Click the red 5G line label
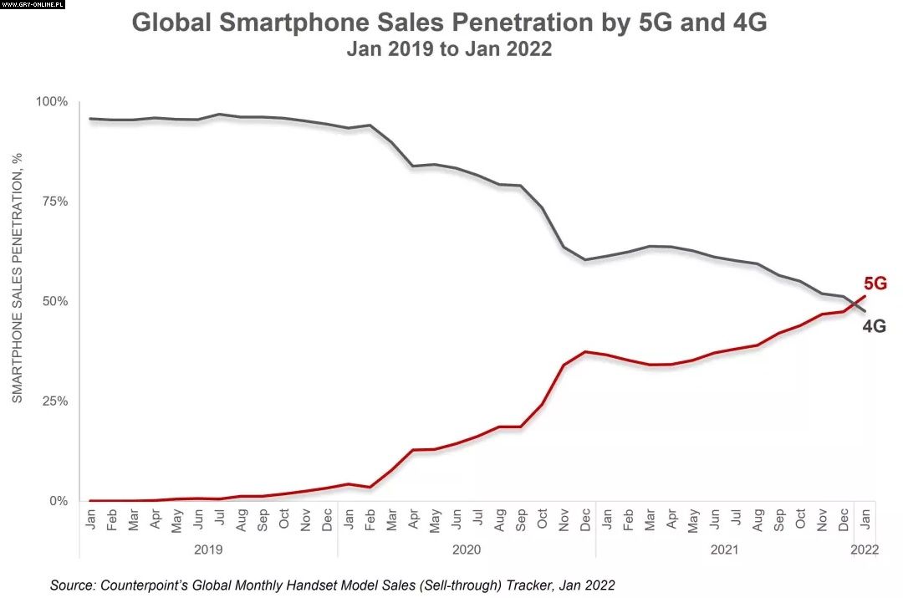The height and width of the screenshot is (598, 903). click(x=874, y=284)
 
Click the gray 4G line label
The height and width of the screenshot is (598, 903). click(x=874, y=327)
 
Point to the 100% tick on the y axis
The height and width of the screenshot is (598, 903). click(x=52, y=102)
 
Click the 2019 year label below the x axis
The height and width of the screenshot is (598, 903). click(x=208, y=549)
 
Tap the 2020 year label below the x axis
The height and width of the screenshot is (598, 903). click(x=467, y=549)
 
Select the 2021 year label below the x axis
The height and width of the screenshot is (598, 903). click(x=724, y=549)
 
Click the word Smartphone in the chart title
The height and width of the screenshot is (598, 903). click(x=296, y=23)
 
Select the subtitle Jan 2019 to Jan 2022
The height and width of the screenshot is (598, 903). click(x=449, y=49)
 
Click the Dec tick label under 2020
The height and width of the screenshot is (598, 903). click(x=586, y=519)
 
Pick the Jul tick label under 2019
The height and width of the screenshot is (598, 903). click(x=220, y=519)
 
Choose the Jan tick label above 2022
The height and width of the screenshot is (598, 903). click(x=865, y=519)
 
